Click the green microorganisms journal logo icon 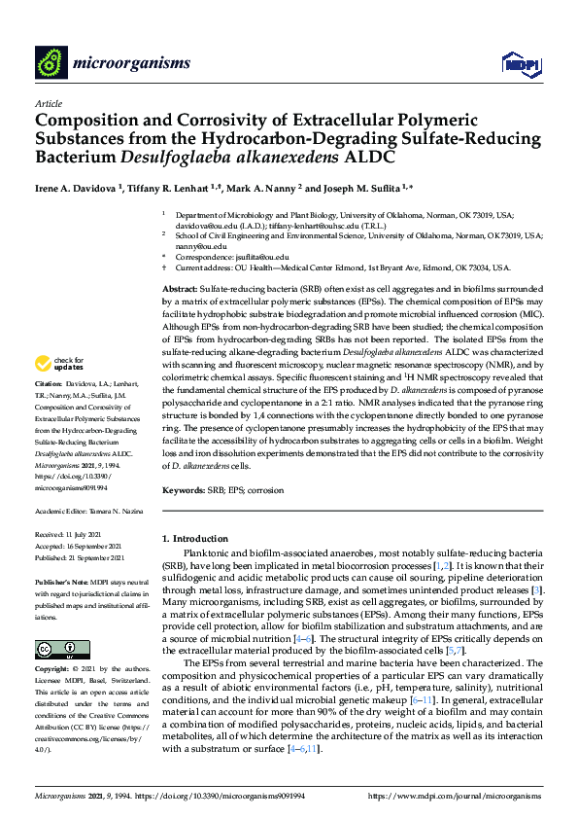click(51, 63)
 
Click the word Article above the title click(49, 103)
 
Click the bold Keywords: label click(183, 491)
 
